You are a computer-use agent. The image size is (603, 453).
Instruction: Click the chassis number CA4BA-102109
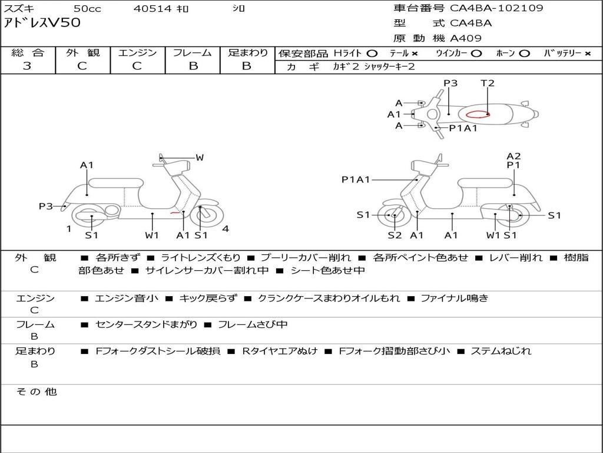496,8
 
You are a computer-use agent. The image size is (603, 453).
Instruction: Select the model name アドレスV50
42,23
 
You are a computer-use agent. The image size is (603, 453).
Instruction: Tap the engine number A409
466,38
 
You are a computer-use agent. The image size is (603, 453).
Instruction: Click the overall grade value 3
27,65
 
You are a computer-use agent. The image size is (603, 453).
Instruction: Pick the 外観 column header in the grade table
82,52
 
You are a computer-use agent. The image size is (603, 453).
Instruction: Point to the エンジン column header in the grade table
137,52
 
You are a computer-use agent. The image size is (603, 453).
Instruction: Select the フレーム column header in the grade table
193,52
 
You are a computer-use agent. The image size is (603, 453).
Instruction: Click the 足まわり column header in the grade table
247,52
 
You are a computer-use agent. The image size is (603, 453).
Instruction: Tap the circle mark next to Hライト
372,54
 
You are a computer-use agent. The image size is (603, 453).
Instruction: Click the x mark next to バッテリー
588,54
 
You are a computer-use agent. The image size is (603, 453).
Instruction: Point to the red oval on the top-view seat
477,114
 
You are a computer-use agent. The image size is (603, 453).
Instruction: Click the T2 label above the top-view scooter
487,83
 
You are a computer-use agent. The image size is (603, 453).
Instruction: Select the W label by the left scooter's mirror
200,157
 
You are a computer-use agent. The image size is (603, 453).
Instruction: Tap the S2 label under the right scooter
395,235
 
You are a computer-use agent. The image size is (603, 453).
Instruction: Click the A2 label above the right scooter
513,156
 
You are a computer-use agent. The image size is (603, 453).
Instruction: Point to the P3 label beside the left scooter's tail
45,206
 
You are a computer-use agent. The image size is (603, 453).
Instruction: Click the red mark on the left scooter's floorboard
175,212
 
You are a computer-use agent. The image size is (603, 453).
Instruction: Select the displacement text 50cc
87,8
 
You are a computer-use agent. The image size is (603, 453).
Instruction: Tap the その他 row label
36,392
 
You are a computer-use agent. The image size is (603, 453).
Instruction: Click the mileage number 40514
153,8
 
